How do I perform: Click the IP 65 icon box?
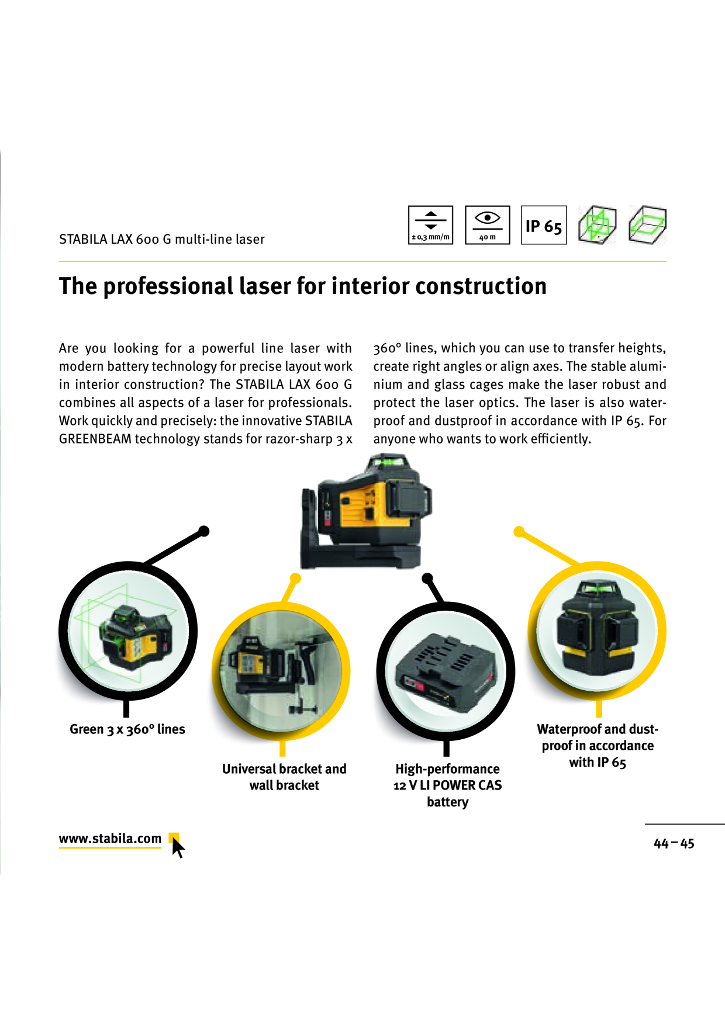(x=544, y=225)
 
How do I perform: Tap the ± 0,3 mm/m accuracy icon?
(x=431, y=225)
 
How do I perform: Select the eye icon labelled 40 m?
(x=488, y=225)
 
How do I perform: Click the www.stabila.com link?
(x=110, y=839)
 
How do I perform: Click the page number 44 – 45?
(x=674, y=843)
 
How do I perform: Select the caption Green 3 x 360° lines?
(x=127, y=729)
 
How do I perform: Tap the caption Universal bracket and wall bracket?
(x=284, y=777)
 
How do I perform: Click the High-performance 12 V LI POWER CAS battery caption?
(x=448, y=785)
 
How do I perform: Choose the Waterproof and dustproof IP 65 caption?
(x=598, y=746)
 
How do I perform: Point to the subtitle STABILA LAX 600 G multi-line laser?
(x=162, y=239)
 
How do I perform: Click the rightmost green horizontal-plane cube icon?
(x=647, y=224)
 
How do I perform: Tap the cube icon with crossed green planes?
(x=597, y=224)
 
